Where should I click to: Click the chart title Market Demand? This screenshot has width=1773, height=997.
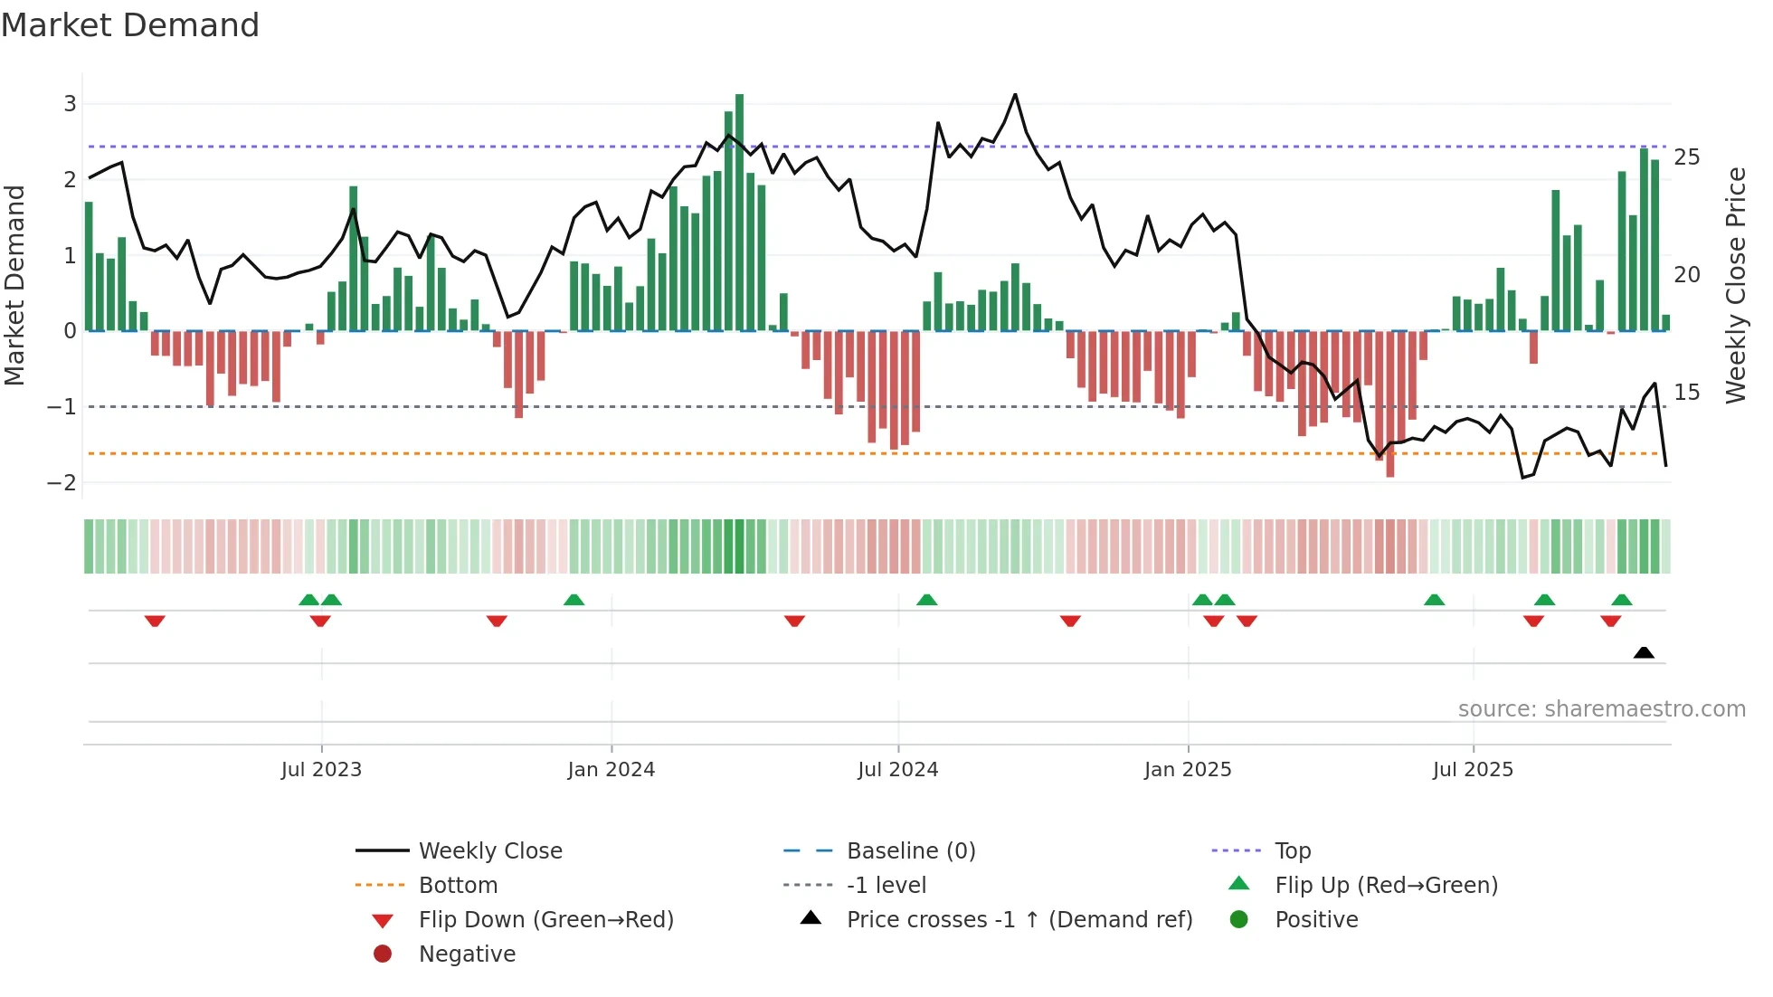(130, 24)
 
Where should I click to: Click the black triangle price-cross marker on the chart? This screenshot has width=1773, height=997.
(1644, 652)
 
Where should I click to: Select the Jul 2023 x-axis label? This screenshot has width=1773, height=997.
(321, 769)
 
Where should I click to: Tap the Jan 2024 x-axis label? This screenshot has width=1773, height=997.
(611, 769)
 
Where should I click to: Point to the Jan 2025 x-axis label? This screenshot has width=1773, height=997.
(1187, 769)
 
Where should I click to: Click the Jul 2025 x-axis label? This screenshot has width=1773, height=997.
(1473, 769)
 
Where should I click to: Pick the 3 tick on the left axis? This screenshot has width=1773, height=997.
(70, 103)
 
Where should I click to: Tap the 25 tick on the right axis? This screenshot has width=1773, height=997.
(1687, 157)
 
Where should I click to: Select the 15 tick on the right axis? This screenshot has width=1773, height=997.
(1687, 392)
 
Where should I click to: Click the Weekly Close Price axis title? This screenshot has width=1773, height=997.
(1735, 285)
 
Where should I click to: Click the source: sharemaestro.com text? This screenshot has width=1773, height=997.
(1601, 708)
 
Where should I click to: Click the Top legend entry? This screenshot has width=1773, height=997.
(1293, 850)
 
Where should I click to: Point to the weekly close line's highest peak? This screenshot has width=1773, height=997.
(1015, 95)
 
